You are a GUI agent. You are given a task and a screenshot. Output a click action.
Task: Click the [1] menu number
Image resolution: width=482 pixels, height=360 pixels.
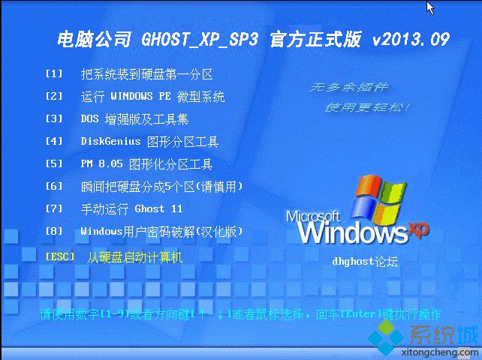click(x=54, y=74)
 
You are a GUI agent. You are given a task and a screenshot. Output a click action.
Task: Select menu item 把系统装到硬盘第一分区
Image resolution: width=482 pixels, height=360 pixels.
click(x=147, y=74)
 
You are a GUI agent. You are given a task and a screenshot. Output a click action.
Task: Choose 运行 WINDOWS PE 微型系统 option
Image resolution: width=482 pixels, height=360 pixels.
click(x=152, y=97)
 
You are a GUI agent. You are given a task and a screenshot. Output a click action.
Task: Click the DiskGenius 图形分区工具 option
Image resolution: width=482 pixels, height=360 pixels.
click(x=149, y=141)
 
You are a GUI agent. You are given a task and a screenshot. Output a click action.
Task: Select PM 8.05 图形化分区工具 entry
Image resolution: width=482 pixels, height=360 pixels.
click(x=146, y=163)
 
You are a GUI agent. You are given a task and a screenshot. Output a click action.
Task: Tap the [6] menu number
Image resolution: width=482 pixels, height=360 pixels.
click(x=54, y=186)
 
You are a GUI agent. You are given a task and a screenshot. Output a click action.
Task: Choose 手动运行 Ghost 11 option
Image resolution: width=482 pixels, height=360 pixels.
click(x=131, y=208)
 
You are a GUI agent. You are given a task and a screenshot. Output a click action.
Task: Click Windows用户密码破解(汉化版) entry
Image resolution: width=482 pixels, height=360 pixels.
click(x=161, y=231)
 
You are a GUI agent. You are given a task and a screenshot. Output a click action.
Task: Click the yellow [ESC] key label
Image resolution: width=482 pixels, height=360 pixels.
click(x=60, y=256)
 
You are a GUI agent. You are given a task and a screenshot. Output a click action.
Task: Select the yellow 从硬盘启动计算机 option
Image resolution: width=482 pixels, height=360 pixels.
click(x=134, y=256)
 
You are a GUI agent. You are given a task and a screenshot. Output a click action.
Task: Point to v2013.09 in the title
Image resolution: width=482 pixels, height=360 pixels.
click(x=411, y=40)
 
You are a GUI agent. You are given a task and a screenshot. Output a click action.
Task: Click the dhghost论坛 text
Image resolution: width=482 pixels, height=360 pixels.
click(x=365, y=262)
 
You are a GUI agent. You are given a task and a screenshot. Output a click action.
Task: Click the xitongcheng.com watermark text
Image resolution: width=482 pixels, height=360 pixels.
click(x=435, y=349)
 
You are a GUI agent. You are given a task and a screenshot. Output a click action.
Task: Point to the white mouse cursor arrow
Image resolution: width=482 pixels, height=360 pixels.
click(x=430, y=7)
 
